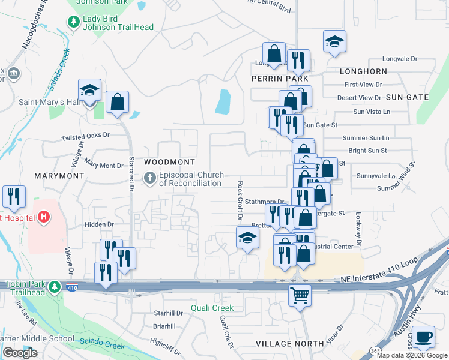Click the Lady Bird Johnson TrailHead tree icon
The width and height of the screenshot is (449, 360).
(x=73, y=22)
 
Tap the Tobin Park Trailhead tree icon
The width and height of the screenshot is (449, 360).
(x=55, y=286)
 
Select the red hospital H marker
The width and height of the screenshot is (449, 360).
(x=43, y=217)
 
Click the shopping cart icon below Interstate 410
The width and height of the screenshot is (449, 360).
(x=300, y=294)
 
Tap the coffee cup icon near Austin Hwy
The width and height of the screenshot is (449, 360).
(x=424, y=337)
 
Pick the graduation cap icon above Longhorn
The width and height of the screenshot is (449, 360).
(x=334, y=41)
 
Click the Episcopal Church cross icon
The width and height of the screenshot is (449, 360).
(x=150, y=178)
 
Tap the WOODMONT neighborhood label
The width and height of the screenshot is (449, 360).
(x=170, y=163)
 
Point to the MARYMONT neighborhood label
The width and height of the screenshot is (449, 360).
(x=59, y=176)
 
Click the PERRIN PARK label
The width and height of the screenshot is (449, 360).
(x=280, y=79)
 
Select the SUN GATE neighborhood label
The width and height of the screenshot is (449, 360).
(x=407, y=97)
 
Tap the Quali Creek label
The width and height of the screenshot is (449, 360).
(x=212, y=308)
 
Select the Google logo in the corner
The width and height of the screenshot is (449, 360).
(x=20, y=353)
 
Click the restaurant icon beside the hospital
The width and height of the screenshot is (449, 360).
(x=14, y=196)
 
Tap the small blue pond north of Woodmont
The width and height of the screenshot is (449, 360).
(x=223, y=101)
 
